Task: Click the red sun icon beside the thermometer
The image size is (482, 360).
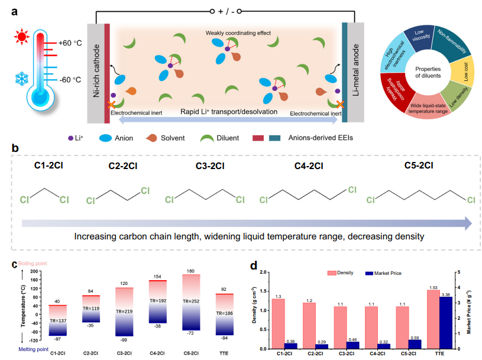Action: click(x=21, y=37)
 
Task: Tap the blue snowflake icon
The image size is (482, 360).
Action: click(x=22, y=79)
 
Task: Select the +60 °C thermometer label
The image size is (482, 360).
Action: click(x=70, y=43)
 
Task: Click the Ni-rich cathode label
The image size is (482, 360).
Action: click(x=96, y=71)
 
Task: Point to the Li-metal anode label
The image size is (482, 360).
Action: click(x=355, y=70)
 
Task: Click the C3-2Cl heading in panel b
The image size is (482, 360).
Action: click(x=210, y=166)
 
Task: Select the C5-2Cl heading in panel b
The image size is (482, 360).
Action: click(x=419, y=166)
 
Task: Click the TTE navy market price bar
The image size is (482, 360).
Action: click(x=446, y=323)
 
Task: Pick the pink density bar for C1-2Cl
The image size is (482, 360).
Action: click(x=278, y=324)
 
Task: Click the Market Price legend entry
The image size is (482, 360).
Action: click(x=383, y=273)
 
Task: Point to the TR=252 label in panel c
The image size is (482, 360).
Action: click(x=191, y=301)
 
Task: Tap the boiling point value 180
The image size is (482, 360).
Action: click(x=190, y=271)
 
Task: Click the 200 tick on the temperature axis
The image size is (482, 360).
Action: click(x=34, y=271)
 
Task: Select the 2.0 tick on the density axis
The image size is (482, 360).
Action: click(x=263, y=272)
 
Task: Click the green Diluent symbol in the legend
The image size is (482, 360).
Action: click(x=207, y=138)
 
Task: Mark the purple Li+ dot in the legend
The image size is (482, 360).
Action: click(x=70, y=138)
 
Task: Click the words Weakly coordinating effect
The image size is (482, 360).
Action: click(x=238, y=33)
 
